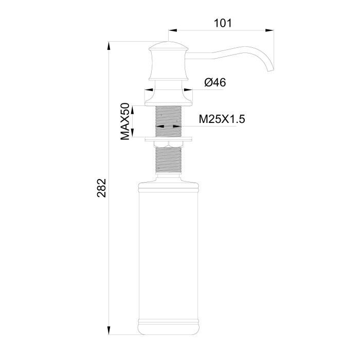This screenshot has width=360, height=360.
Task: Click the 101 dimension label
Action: coord(222,23)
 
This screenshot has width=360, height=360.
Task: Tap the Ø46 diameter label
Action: coord(215,82)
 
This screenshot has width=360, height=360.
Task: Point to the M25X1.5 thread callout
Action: coord(222,119)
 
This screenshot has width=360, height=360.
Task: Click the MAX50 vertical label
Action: coord(124,121)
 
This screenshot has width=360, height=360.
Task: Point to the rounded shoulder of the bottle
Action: coord(168,184)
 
